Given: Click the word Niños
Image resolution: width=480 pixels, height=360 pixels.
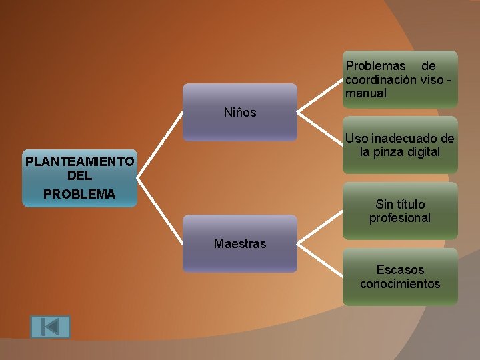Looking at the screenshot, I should click(x=240, y=113).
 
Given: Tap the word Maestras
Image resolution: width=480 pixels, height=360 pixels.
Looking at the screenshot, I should click(x=240, y=244).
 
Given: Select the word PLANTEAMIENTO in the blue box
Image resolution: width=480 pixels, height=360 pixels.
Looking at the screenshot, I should click(x=79, y=161).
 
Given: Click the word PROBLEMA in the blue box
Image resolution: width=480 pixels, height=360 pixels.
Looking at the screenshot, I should click(x=79, y=195).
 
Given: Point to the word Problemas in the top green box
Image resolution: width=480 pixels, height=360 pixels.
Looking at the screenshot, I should click(x=375, y=66).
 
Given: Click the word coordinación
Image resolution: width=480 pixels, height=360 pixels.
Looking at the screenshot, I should click(x=381, y=80).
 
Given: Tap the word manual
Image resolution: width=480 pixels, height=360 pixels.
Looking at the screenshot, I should click(x=365, y=93).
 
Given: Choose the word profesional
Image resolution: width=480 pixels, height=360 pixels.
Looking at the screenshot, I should click(x=400, y=218).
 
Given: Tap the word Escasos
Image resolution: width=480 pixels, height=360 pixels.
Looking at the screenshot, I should click(x=400, y=270).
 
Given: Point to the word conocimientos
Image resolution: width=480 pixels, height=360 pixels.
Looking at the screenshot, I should click(x=400, y=284).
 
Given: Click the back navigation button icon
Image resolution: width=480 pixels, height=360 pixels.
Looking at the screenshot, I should click(x=50, y=327).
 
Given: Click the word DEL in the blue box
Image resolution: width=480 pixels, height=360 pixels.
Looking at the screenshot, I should click(x=79, y=177).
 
